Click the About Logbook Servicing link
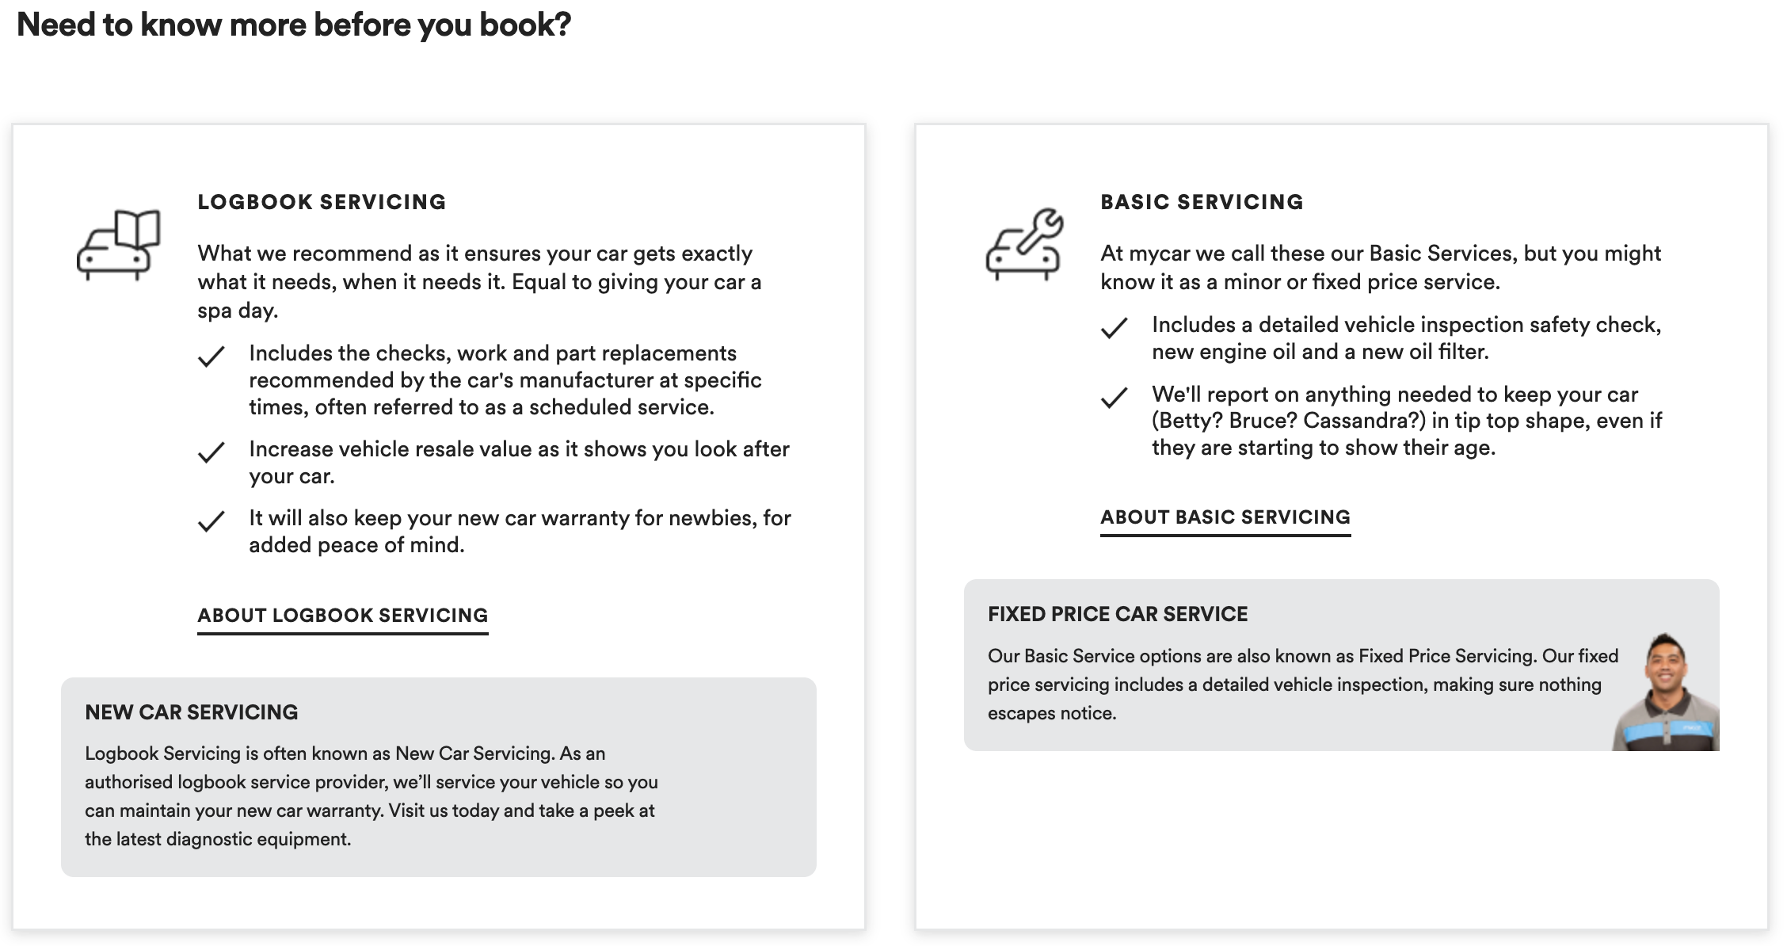click(x=342, y=616)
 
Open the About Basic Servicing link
click(x=1225, y=517)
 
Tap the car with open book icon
click(x=118, y=245)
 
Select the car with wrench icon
click(x=1024, y=245)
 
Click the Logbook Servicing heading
click(x=322, y=202)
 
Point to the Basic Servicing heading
click(x=1202, y=202)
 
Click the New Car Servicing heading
click(x=192, y=712)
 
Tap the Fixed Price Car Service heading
click(x=1118, y=614)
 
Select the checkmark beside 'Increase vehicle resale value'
click(x=211, y=452)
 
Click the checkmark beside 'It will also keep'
click(x=211, y=521)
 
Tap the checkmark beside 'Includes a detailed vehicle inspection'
click(x=1114, y=328)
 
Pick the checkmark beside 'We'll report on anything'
click(x=1114, y=398)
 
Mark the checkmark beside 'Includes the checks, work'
click(x=211, y=357)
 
